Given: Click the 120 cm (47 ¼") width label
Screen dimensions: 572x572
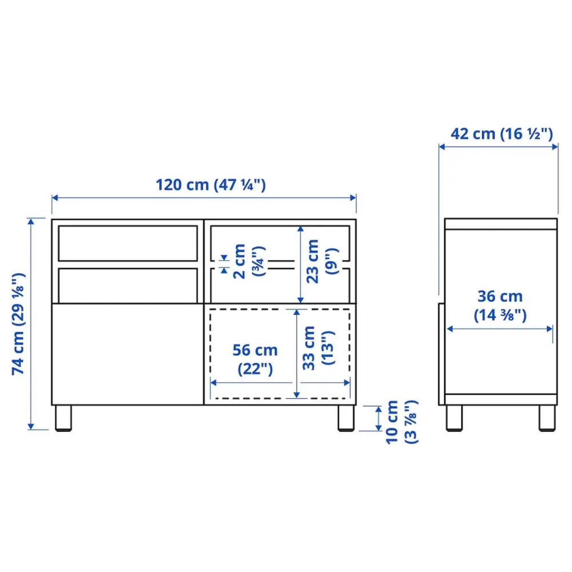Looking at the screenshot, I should [210, 185].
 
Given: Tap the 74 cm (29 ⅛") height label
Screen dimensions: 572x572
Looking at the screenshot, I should [18, 324].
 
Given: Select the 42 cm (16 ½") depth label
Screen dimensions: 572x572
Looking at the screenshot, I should [501, 134].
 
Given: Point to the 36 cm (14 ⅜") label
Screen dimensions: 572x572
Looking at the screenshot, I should [500, 305].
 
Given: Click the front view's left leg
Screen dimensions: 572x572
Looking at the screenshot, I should [63, 418].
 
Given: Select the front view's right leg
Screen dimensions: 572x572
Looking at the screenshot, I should [345, 418].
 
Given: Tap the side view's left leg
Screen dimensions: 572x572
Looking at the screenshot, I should [455, 418].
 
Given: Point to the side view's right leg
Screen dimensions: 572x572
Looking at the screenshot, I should [547, 418].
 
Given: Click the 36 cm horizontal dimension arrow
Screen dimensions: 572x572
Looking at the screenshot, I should [500, 329].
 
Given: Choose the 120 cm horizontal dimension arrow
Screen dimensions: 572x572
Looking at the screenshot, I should [204, 198].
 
